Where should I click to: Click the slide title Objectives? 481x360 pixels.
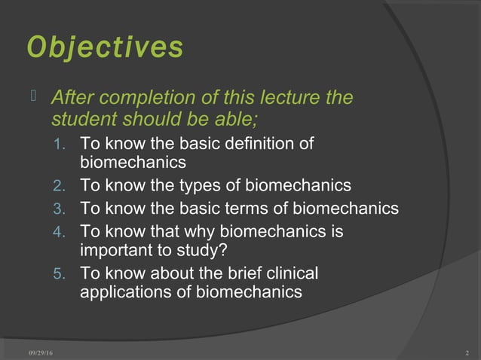(x=105, y=47)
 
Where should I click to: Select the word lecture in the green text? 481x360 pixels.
(x=281, y=99)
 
